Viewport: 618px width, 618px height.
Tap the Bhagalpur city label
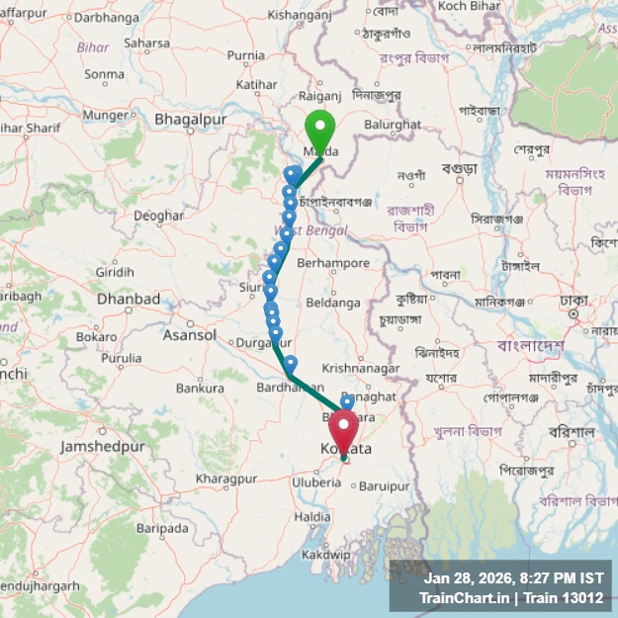pyautogui.click(x=191, y=120)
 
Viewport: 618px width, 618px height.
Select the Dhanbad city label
pyautogui.click(x=129, y=299)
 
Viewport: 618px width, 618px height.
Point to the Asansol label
pyautogui.click(x=189, y=334)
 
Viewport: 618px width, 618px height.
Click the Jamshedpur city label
pyautogui.click(x=102, y=446)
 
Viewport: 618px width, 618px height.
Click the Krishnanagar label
pyautogui.click(x=361, y=368)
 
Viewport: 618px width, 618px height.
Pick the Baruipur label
pyautogui.click(x=385, y=486)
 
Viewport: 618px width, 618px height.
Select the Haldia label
pyautogui.click(x=312, y=516)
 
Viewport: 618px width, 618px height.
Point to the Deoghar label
pyautogui.click(x=158, y=215)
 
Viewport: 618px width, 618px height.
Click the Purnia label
pyautogui.click(x=244, y=56)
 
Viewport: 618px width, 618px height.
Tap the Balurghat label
pyautogui.click(x=392, y=125)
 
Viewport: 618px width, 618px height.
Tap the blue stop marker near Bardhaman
pyautogui.click(x=290, y=365)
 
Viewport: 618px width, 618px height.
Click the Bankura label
pyautogui.click(x=200, y=389)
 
